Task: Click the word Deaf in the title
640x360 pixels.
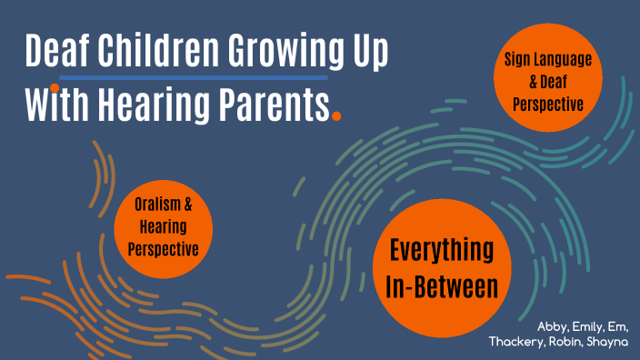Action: (57, 54)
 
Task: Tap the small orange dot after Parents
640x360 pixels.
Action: (337, 115)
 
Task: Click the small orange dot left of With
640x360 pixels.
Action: (55, 88)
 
